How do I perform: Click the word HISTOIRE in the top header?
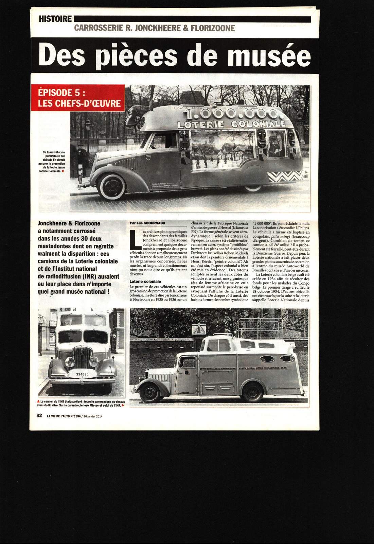click(x=55, y=19)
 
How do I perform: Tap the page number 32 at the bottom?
click(x=39, y=415)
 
